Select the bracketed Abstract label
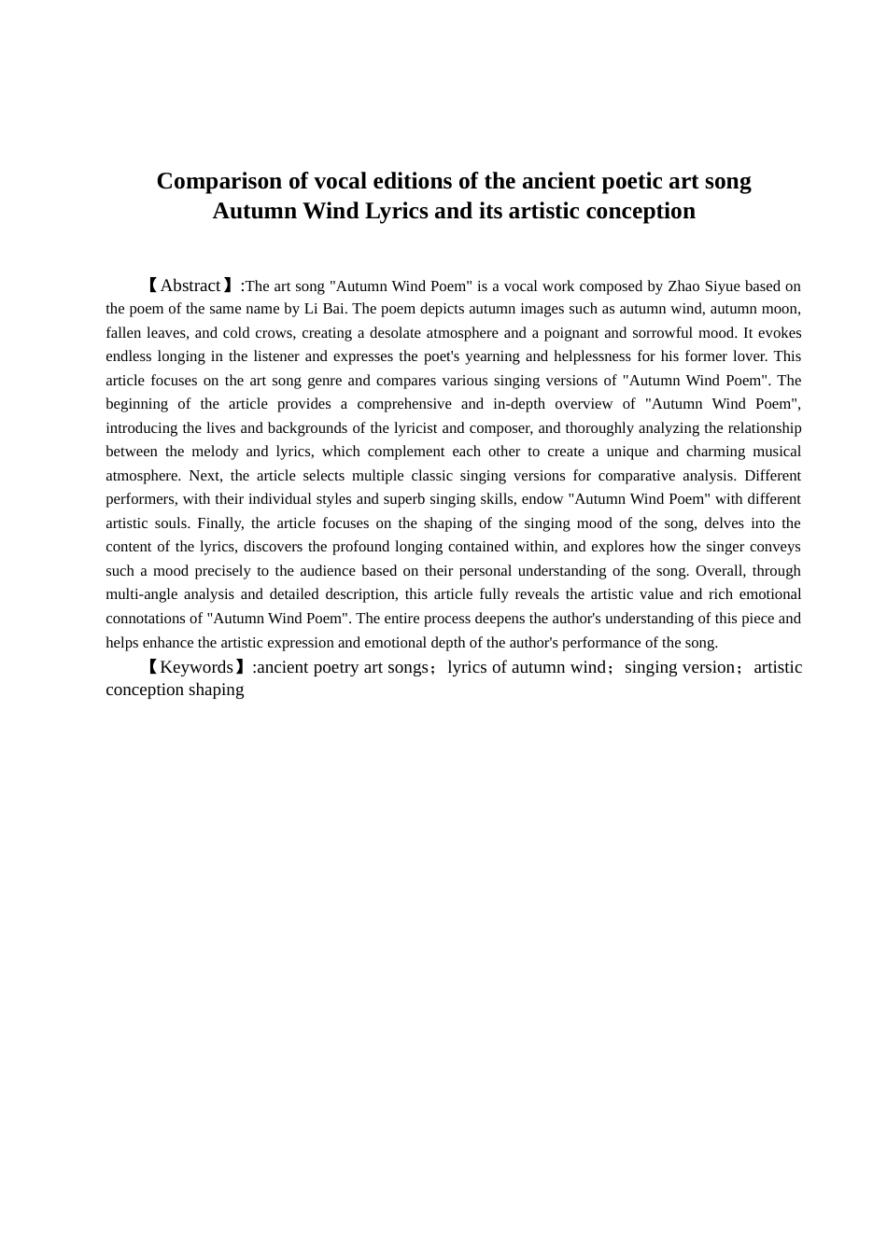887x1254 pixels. (190, 286)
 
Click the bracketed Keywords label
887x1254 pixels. (196, 667)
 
